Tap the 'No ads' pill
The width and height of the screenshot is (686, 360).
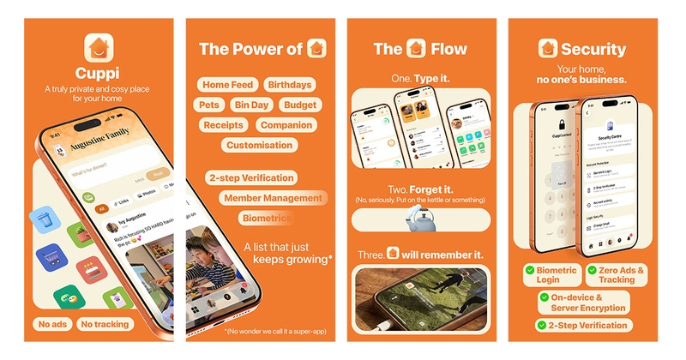point(54,324)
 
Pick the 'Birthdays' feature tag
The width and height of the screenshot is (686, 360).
point(289,85)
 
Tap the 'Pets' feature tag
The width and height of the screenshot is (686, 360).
point(211,105)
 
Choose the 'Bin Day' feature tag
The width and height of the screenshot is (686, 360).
point(252,105)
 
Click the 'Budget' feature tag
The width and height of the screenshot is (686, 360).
point(299,105)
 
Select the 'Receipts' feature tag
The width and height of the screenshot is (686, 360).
point(224,125)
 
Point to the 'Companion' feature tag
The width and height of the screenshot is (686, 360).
point(286,125)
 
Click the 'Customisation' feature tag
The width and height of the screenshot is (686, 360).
point(259,145)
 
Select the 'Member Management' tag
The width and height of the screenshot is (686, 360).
point(273,198)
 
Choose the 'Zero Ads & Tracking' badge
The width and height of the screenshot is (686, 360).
point(617,274)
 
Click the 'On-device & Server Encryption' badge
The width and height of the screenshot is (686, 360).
point(584,302)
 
